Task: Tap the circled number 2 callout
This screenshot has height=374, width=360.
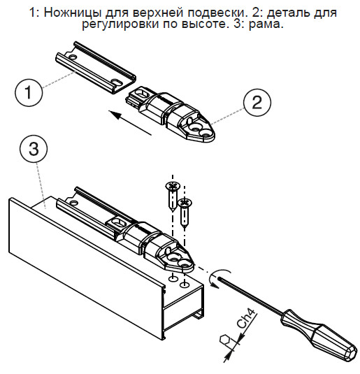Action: click(x=257, y=103)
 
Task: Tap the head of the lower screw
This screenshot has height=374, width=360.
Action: click(x=185, y=203)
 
